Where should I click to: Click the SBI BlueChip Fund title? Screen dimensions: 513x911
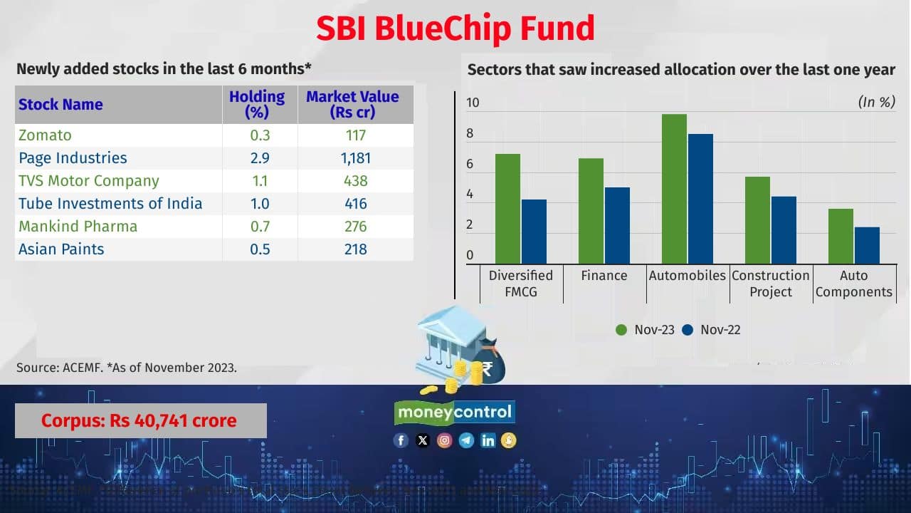455,28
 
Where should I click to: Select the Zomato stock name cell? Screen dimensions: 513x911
45,135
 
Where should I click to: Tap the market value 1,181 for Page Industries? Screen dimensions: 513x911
355,158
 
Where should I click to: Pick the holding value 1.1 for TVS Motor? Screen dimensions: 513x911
260,181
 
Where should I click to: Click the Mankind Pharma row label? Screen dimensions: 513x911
78,227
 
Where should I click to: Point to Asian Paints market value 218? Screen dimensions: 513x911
355,249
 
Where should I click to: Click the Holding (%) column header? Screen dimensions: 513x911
256,104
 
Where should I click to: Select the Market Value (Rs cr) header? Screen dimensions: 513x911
352,104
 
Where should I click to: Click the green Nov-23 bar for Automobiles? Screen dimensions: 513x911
674,189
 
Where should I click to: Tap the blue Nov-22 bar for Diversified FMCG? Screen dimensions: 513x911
534,232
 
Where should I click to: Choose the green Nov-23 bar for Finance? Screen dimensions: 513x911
591,211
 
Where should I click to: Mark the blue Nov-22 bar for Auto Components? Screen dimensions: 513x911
867,245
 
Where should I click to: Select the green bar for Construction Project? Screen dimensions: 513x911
757,220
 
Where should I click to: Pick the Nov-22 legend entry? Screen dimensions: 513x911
712,330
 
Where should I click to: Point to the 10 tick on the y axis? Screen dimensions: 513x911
473,103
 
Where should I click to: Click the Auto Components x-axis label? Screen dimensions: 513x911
853,284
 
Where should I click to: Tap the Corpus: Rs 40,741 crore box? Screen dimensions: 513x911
140,420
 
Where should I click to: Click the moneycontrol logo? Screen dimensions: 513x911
454,412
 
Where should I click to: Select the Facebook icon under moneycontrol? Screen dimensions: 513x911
401,440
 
